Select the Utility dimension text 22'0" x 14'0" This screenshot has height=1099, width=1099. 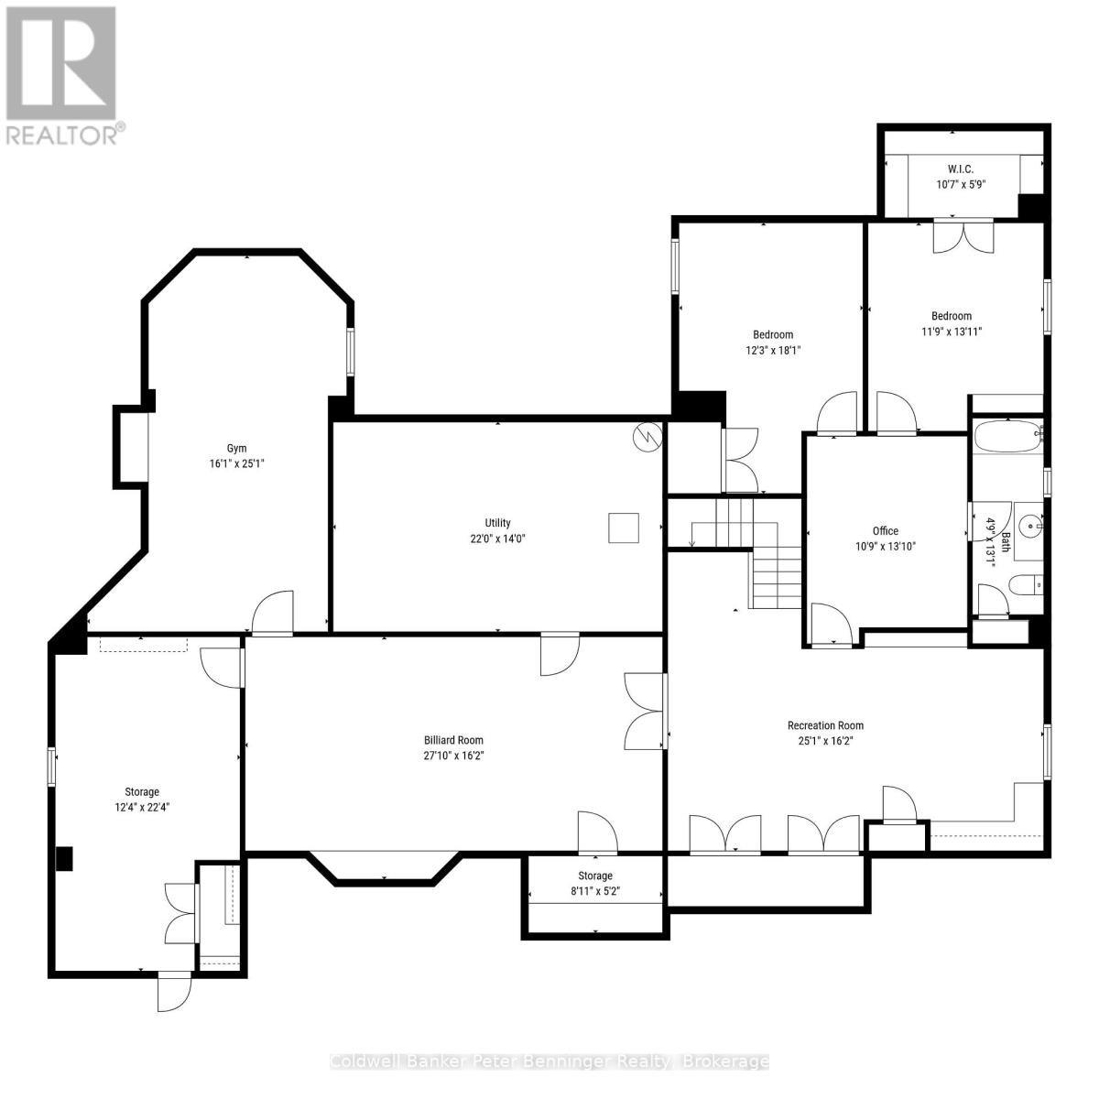tap(497, 539)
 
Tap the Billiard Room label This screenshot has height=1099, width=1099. tap(453, 740)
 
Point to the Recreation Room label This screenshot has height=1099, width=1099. tap(825, 725)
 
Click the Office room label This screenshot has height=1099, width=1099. tap(885, 530)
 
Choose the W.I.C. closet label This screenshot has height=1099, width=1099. tap(960, 169)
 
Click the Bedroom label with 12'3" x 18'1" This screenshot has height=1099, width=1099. tap(773, 334)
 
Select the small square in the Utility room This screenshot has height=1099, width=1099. tap(624, 528)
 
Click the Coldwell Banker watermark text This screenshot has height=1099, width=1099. tap(549, 1061)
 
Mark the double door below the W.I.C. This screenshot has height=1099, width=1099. tap(963, 235)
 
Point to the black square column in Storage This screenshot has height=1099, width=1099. tap(64, 858)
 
